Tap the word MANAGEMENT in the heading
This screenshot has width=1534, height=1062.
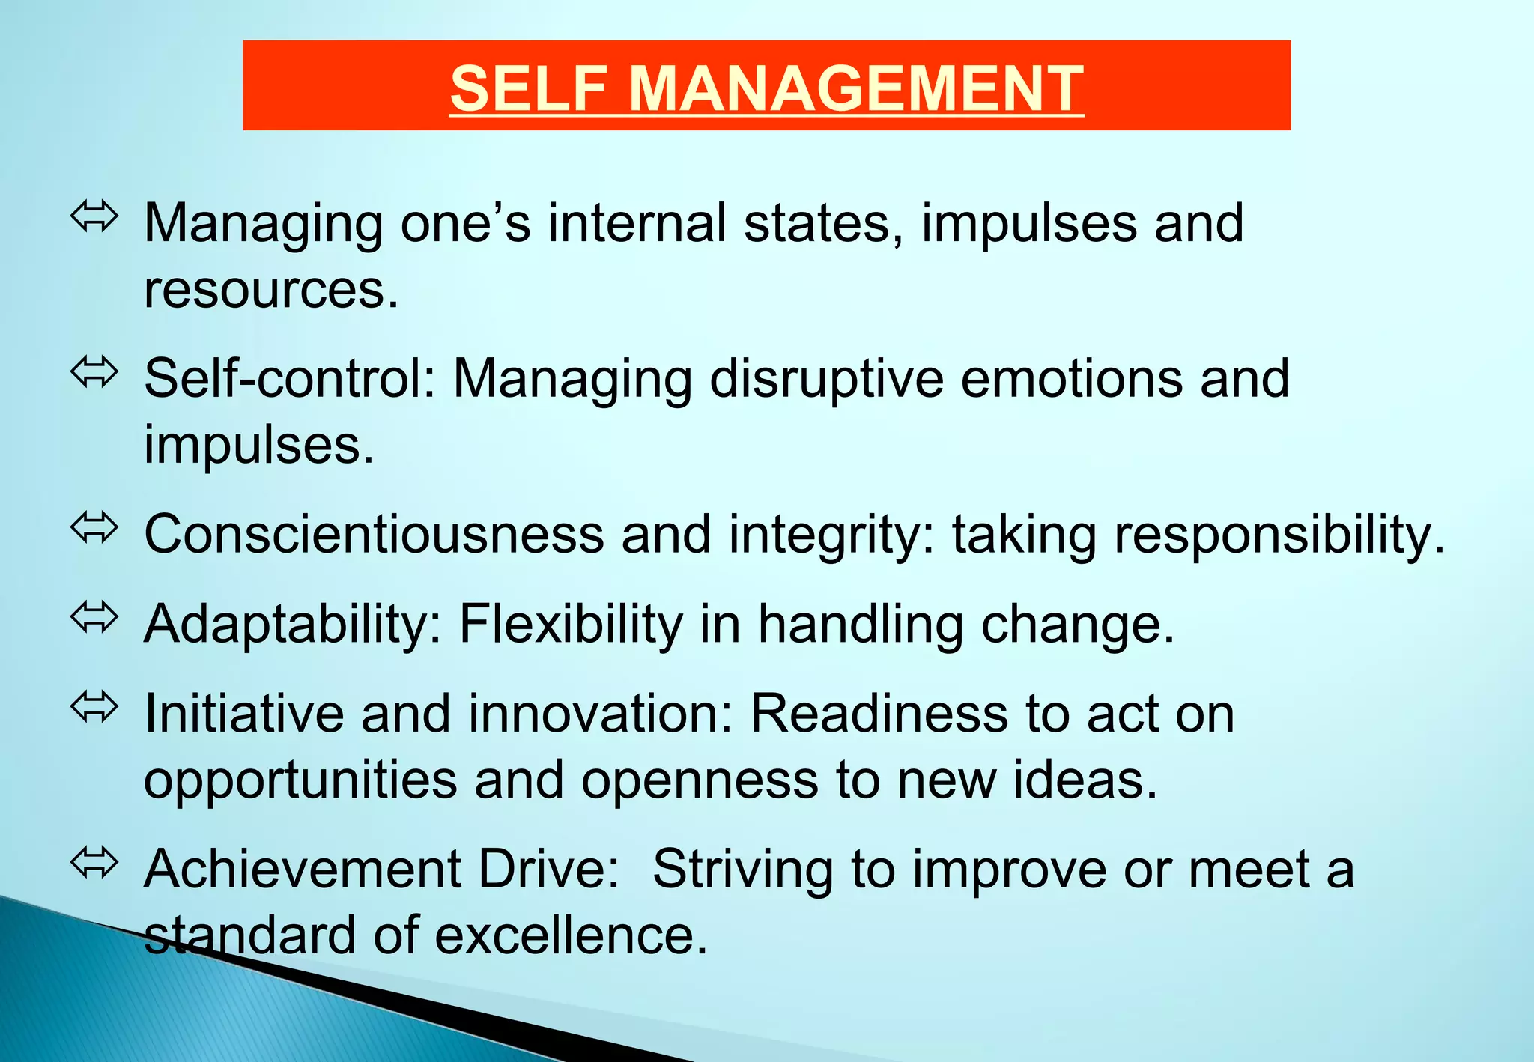[855, 88]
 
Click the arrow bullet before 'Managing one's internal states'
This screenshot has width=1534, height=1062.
[94, 216]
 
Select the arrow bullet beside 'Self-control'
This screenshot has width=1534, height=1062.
[94, 372]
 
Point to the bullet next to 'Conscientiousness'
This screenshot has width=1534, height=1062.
[94, 528]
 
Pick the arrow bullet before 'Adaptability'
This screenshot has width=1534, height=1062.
[94, 618]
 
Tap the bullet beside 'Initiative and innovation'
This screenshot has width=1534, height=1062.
[94, 708]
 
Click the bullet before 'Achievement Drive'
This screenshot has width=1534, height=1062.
[94, 863]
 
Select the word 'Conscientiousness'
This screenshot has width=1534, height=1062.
[374, 534]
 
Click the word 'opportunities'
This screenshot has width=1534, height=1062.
[300, 780]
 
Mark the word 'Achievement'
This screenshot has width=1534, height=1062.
[303, 870]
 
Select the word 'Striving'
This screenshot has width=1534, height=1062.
[742, 870]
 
